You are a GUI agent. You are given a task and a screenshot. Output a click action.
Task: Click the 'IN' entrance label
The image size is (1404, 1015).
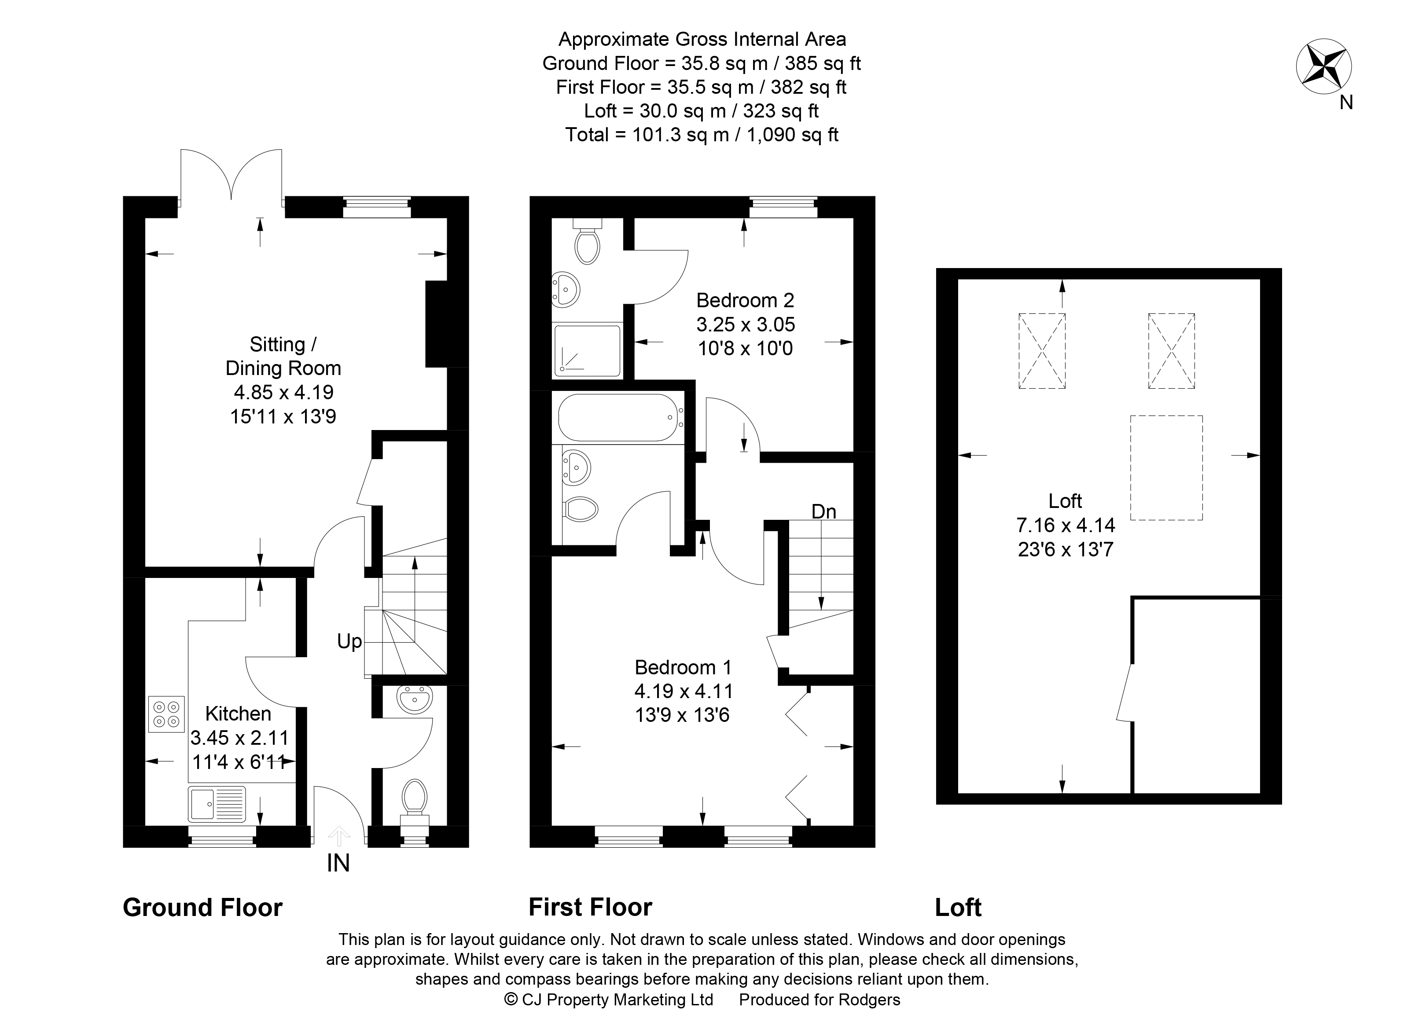click(x=338, y=863)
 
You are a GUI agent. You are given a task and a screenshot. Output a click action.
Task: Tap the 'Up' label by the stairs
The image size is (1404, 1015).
click(x=349, y=642)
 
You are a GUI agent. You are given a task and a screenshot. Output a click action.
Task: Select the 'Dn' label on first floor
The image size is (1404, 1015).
click(x=823, y=512)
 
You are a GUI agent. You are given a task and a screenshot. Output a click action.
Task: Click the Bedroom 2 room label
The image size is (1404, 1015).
click(x=745, y=301)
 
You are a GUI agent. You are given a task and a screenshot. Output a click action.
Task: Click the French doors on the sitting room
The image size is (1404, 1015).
click(x=232, y=177)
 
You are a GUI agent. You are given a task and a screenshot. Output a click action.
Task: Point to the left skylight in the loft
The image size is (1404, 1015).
click(x=1042, y=351)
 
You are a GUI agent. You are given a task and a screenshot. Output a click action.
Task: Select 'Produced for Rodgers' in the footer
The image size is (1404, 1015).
click(x=820, y=1000)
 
